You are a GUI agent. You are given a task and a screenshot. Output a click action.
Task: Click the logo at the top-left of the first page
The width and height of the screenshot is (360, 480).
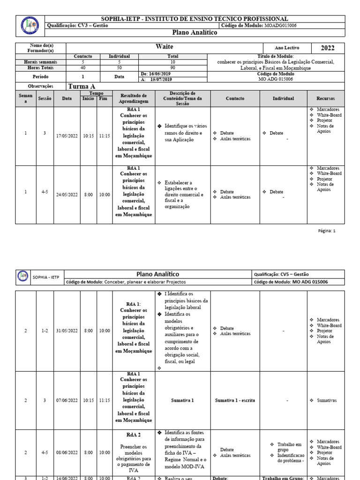point(30,26)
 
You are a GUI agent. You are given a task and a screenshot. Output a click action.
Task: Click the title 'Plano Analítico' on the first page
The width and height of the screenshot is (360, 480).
point(195,33)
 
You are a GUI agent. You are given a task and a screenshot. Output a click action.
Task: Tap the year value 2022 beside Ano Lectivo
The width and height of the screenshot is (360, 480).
point(328,48)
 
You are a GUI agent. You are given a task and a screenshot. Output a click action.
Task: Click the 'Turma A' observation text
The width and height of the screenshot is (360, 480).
point(82,86)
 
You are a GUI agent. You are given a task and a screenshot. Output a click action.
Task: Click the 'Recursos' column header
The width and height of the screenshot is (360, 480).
point(326,98)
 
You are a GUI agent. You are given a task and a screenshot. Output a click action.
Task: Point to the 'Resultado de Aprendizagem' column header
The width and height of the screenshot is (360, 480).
point(134,98)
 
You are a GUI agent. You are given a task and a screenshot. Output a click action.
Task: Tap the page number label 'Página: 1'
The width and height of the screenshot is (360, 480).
point(327,231)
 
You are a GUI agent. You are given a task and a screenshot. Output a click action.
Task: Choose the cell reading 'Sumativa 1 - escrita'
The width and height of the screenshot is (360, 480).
point(235,400)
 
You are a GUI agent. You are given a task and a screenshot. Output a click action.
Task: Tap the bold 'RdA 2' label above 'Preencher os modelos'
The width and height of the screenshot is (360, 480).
point(134,435)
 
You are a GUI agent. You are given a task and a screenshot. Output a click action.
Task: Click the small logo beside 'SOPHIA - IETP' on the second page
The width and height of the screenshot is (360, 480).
point(22,276)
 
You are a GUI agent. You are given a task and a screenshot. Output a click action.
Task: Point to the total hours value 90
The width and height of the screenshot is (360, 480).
point(173,67)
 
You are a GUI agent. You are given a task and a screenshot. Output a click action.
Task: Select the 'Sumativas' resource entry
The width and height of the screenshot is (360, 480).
point(326,400)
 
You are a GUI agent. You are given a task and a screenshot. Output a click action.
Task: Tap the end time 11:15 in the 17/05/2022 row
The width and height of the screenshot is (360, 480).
point(105,136)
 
